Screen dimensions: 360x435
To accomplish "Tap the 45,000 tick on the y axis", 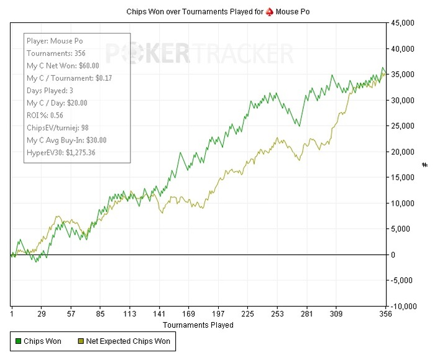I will pyautogui.click(x=405, y=23).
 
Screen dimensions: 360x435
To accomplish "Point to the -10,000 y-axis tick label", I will pyautogui.click(x=404, y=307).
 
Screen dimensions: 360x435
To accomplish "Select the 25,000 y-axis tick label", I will pyautogui.click(x=405, y=126).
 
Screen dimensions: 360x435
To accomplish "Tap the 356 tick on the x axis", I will pyautogui.click(x=386, y=315).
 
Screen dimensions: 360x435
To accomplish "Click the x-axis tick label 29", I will pyautogui.click(x=42, y=315).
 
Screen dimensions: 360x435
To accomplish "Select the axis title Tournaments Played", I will pyautogui.click(x=198, y=325).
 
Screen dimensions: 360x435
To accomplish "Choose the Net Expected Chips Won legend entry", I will pyautogui.click(x=128, y=341).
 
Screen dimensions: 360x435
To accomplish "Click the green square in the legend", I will pyautogui.click(x=18, y=341).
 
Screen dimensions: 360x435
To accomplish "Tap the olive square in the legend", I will pyautogui.click(x=81, y=341).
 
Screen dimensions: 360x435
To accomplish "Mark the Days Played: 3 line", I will pyautogui.click(x=50, y=91).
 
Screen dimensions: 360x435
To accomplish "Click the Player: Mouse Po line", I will pyautogui.click(x=55, y=41).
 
